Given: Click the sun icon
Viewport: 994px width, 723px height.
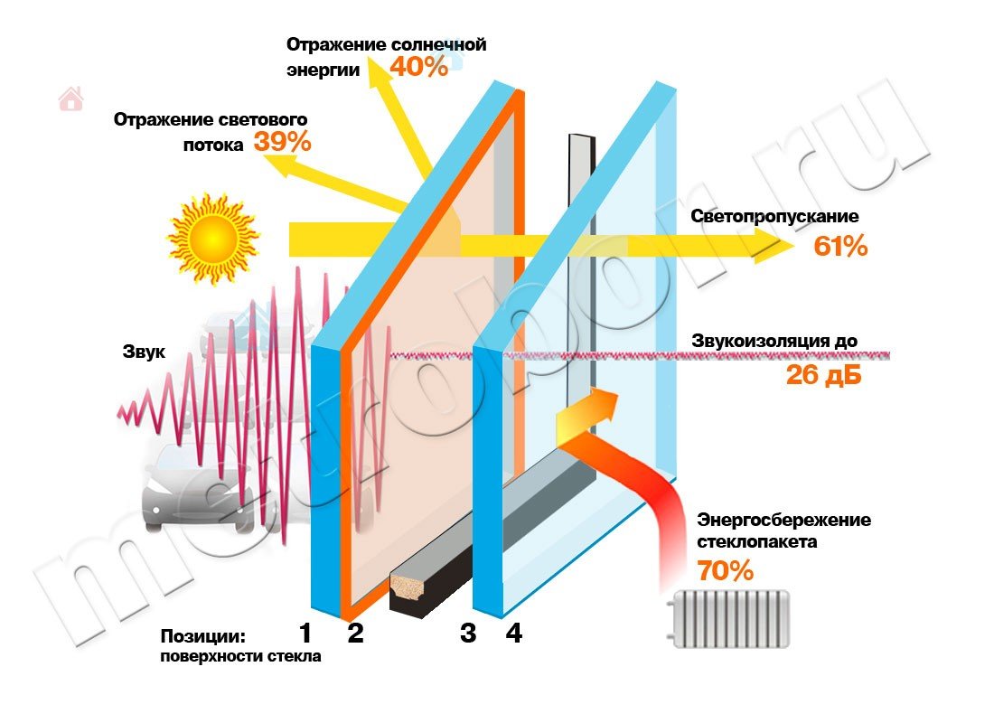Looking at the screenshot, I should [213, 238].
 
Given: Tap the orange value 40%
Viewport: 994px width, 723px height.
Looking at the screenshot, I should [419, 66].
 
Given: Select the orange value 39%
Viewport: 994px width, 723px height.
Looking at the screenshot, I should [282, 142].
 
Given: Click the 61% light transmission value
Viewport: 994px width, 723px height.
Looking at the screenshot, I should [840, 246].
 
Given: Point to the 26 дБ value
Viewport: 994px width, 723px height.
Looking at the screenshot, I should [823, 375].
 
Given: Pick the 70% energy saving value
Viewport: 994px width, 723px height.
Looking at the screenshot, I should [725, 571].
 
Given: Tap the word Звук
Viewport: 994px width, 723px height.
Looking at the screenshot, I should [144, 352].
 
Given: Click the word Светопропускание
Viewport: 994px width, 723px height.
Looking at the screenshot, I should [774, 217].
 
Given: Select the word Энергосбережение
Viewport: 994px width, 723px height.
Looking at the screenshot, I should [784, 520].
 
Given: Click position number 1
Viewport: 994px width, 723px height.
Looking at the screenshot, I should [305, 633].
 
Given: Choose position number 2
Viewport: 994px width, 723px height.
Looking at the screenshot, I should [355, 633].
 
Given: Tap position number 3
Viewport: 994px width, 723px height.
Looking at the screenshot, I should [467, 633].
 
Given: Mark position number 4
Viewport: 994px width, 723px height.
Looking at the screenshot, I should [513, 633].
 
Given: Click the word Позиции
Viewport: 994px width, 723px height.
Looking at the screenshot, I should [203, 635].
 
